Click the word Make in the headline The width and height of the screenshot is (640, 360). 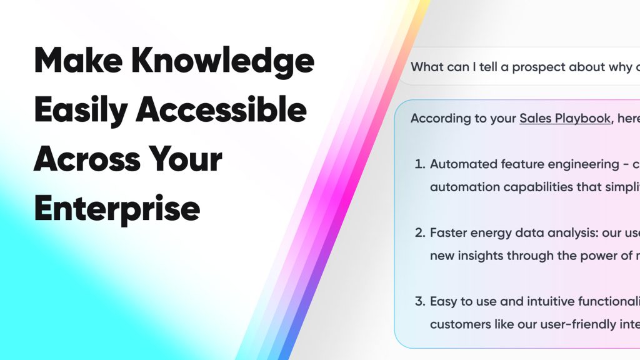pyautogui.click(x=78, y=61)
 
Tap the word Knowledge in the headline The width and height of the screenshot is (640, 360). pyautogui.click(x=223, y=62)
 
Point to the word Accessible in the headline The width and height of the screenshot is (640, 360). pyautogui.click(x=221, y=109)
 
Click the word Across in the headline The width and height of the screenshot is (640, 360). pyautogui.click(x=86, y=159)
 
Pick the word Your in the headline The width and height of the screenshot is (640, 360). pyautogui.click(x=185, y=159)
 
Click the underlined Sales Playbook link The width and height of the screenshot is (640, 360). pyautogui.click(x=565, y=118)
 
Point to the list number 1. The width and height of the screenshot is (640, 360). pyautogui.click(x=420, y=164)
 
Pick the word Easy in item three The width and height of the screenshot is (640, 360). pyautogui.click(x=443, y=302)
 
